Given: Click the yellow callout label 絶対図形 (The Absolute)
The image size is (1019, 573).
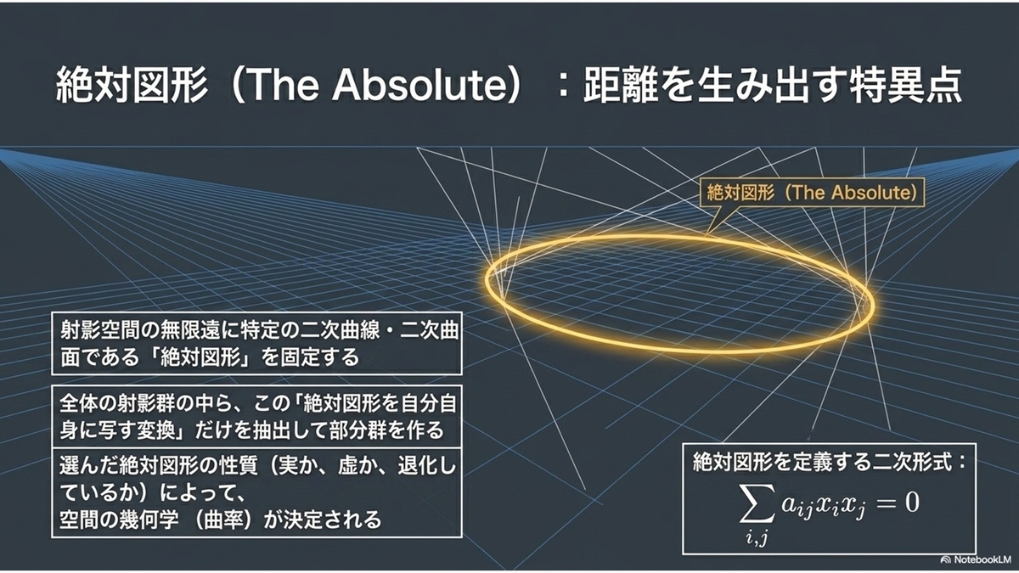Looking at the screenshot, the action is [x=812, y=193].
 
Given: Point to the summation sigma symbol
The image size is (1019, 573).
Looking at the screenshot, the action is [x=757, y=503].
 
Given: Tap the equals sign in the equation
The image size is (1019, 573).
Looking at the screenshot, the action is [x=884, y=503].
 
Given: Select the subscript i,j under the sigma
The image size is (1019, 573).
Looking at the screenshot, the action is [x=757, y=537].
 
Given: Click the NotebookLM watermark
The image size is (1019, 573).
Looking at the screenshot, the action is [x=978, y=559].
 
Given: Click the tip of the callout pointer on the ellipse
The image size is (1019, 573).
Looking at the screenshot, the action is [x=706, y=236].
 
